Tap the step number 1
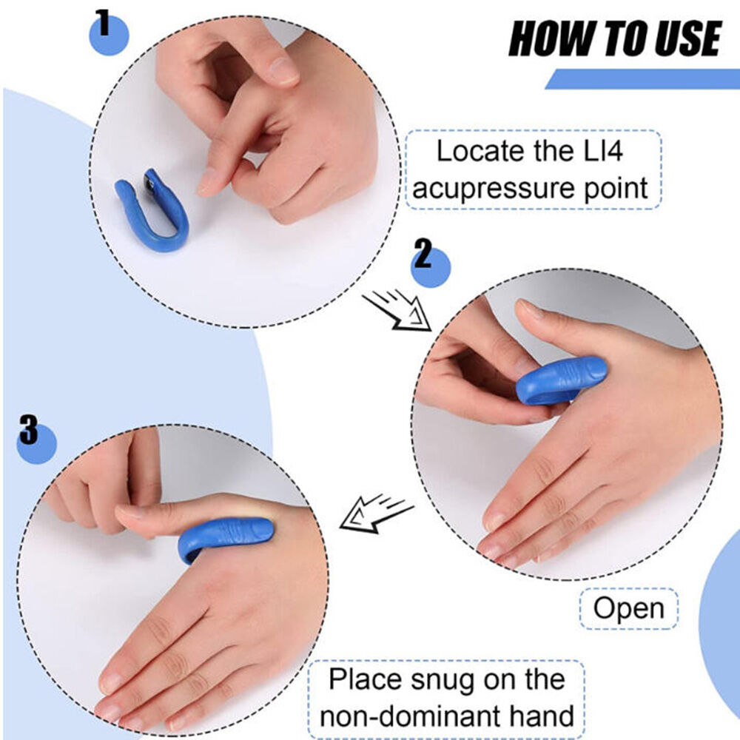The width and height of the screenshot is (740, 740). coord(104,24)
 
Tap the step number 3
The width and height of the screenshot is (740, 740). coord(29,429)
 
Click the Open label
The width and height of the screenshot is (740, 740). coord(628,608)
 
